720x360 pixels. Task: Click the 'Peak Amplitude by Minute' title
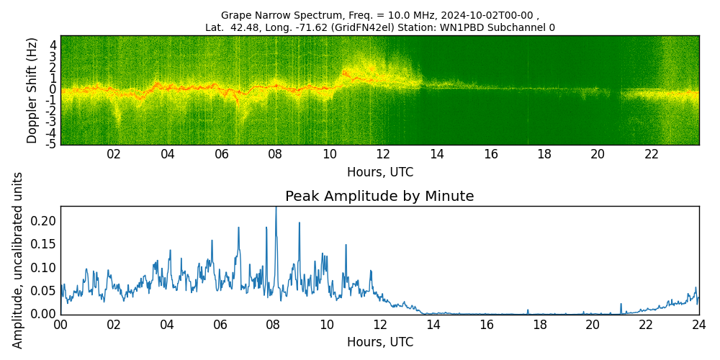tap(379, 197)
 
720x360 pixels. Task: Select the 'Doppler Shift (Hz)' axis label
tap(32, 90)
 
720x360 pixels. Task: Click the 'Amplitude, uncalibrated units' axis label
tap(18, 260)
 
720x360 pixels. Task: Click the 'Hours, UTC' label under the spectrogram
tap(379, 173)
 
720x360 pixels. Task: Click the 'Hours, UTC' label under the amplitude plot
tap(379, 342)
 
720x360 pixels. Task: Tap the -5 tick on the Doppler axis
tap(52, 144)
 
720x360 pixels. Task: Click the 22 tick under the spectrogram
tap(652, 154)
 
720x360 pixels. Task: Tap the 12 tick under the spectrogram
tap(383, 154)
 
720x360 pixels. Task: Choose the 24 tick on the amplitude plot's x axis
tap(698, 325)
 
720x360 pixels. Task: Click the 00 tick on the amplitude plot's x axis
tap(60, 325)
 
